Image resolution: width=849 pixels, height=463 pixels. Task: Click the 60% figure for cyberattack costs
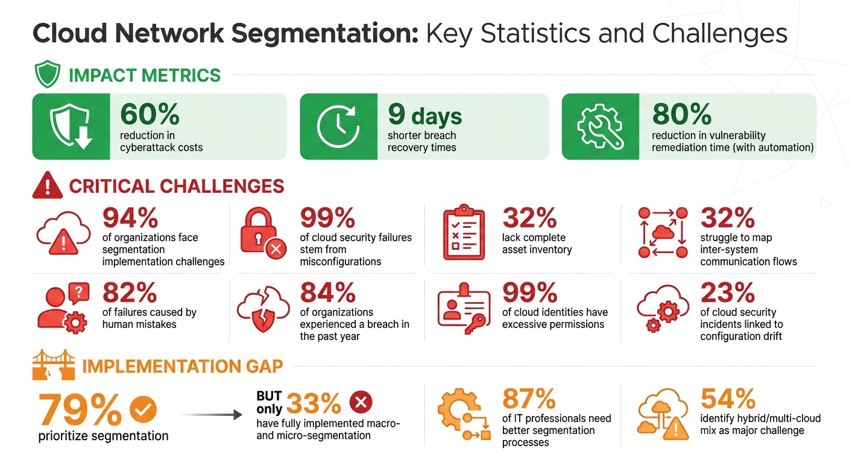(150, 115)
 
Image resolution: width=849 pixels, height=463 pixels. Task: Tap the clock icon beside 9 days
(338, 127)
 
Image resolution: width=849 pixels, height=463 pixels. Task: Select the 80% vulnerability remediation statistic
(681, 115)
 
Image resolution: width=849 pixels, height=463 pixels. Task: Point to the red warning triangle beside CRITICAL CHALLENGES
(47, 185)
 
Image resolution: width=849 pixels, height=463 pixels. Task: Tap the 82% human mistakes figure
(130, 294)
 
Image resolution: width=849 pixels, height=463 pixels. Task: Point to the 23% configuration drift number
(727, 294)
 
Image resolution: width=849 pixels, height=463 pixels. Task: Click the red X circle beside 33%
(361, 402)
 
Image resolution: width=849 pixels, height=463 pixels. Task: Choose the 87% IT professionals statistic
(529, 399)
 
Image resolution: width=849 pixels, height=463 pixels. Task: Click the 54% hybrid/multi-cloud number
(728, 399)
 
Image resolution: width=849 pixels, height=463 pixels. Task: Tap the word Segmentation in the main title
(324, 34)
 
